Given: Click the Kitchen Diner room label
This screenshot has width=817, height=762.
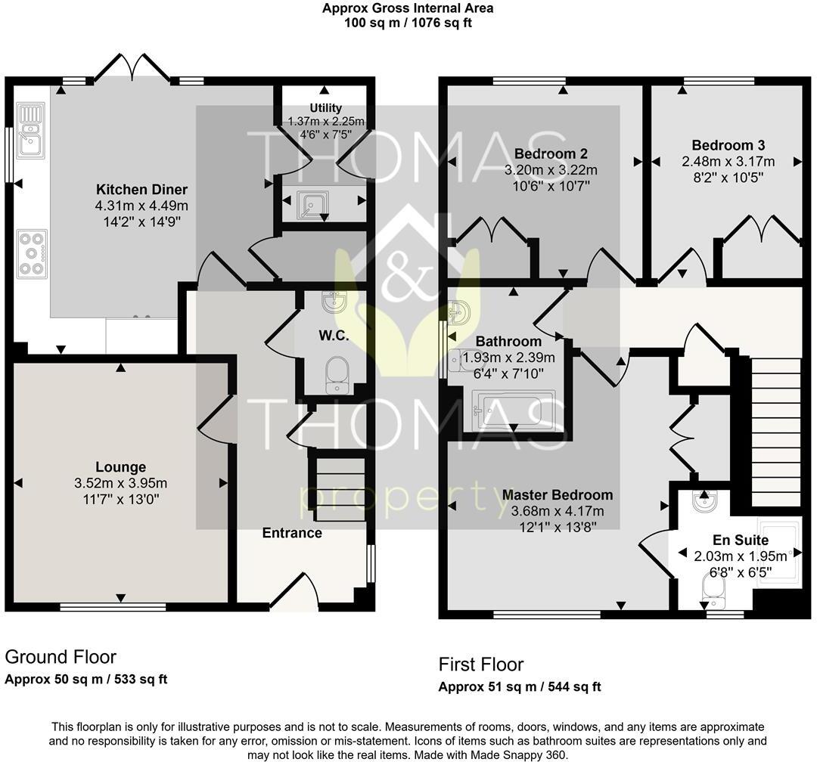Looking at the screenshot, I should (141, 189).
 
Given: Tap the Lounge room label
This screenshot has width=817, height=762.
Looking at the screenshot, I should (120, 467).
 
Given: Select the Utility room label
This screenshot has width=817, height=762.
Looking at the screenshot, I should (325, 108).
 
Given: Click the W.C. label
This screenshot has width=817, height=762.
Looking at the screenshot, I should (333, 336).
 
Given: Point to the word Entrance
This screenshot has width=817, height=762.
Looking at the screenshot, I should (292, 533).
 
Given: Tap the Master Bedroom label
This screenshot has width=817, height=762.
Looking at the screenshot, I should (558, 495).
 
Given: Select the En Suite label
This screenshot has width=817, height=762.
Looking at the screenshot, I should (741, 540).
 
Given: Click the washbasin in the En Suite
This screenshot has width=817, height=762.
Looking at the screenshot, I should (703, 500).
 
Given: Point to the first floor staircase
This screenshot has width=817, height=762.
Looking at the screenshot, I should (776, 431).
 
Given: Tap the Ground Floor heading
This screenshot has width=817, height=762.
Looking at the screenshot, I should (61, 656).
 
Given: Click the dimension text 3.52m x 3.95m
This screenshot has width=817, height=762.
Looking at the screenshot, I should (120, 484).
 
